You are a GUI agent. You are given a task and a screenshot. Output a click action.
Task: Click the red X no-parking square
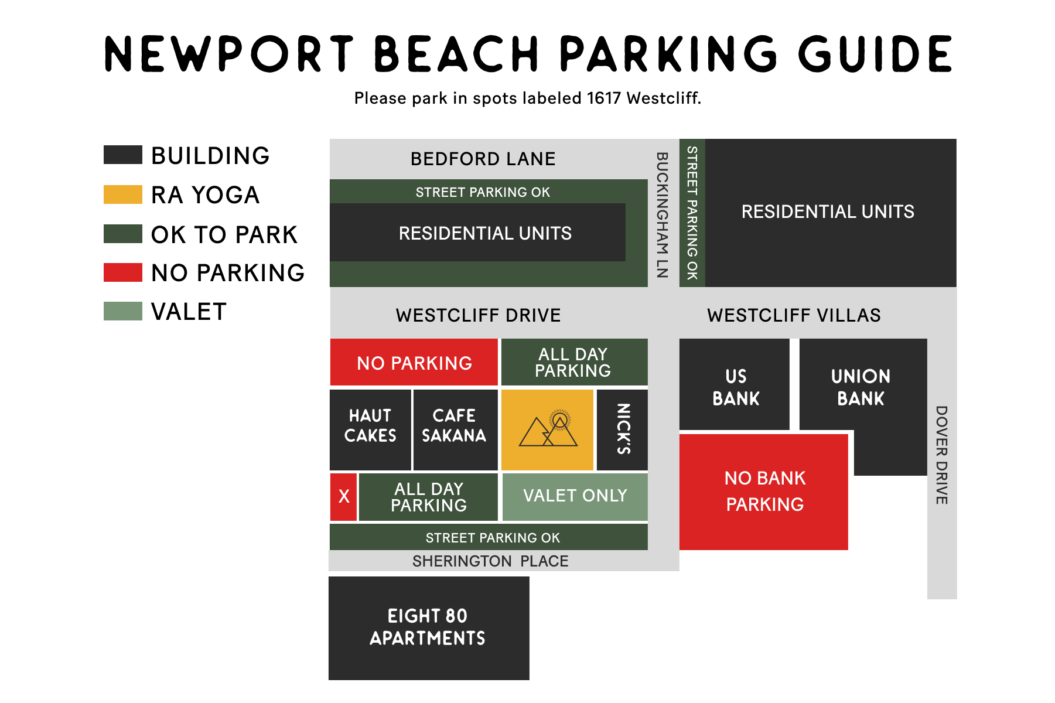[343, 497]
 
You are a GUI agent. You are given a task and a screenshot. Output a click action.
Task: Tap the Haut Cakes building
[370, 429]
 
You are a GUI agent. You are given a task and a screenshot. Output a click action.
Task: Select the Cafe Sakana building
[455, 429]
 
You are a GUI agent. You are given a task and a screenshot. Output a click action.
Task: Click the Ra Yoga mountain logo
[548, 429]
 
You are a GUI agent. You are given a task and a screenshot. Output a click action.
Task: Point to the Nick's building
[622, 429]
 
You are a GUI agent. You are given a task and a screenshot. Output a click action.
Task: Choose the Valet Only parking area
[575, 497]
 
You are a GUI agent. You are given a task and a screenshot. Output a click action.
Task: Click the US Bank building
[735, 384]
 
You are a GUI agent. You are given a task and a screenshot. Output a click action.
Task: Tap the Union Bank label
[861, 387]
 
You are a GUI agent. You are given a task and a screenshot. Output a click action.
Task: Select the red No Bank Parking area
[764, 492]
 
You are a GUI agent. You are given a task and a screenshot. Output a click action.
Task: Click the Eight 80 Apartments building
[429, 628]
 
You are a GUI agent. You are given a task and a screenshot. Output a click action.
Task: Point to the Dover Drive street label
[941, 455]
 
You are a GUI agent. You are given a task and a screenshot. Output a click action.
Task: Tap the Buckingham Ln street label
[663, 214]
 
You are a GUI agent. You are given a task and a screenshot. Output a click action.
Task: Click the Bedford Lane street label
[483, 159]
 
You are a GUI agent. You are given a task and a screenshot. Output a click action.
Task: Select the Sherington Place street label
[490, 561]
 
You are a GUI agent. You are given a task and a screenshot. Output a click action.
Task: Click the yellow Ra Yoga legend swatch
[123, 194]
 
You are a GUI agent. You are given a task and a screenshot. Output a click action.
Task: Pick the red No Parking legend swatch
[123, 272]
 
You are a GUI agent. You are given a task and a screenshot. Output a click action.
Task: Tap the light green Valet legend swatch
[123, 311]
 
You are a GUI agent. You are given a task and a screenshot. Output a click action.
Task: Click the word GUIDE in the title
[875, 54]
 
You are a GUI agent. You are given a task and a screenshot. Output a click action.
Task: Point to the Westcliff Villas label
[794, 315]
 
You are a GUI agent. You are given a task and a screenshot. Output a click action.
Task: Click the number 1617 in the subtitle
[604, 98]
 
